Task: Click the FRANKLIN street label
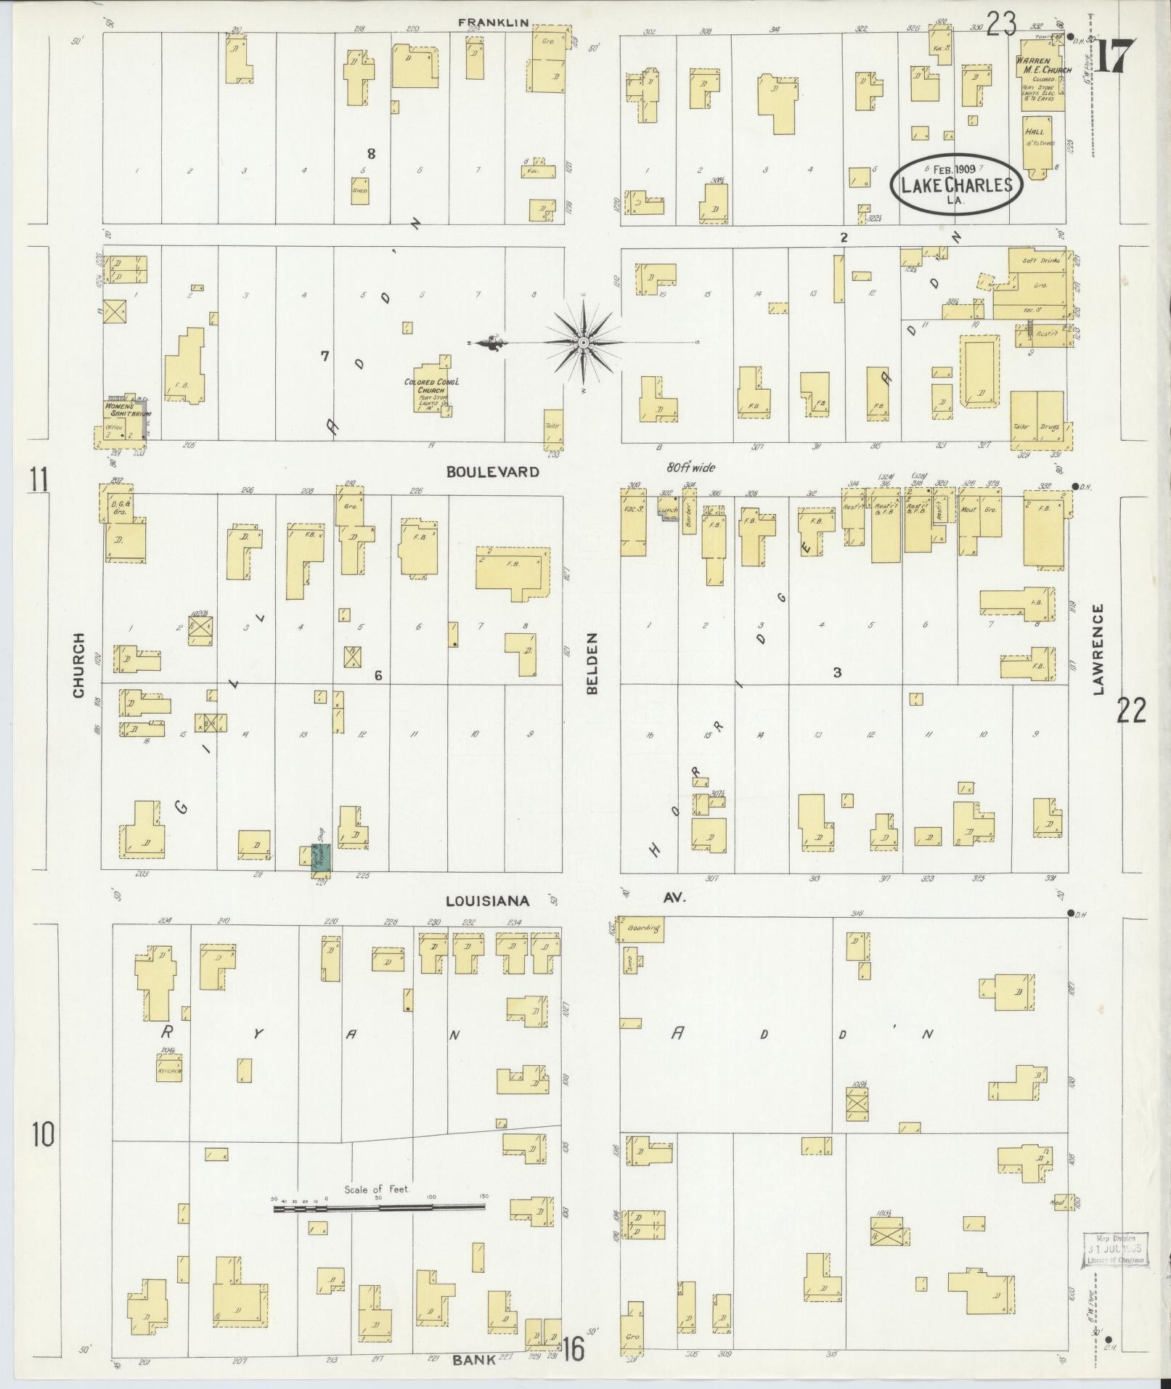click(491, 23)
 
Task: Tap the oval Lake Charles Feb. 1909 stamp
click(956, 183)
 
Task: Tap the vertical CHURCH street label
click(79, 665)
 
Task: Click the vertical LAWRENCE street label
click(1098, 648)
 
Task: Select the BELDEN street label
click(592, 664)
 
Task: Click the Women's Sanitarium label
click(127, 410)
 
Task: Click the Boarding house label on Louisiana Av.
click(643, 928)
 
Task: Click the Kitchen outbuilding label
click(169, 1072)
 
